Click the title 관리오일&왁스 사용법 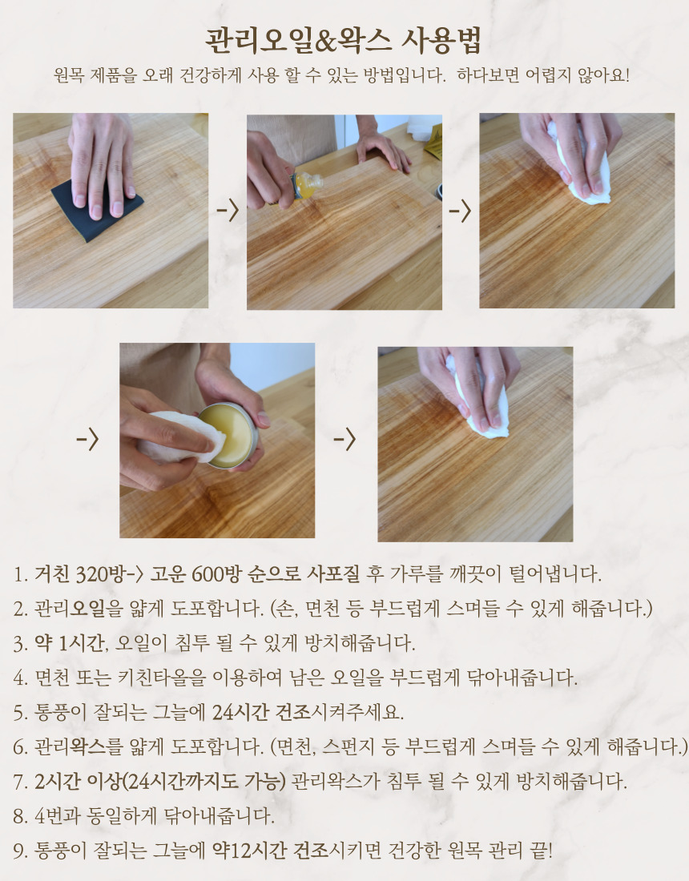pyautogui.click(x=344, y=41)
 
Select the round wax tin pyautogui.click(x=228, y=436)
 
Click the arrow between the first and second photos pyautogui.click(x=228, y=211)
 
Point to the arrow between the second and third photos pyautogui.click(x=460, y=211)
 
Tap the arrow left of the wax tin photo pyautogui.click(x=87, y=440)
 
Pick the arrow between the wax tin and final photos pyautogui.click(x=344, y=440)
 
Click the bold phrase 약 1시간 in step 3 pyautogui.click(x=71, y=643)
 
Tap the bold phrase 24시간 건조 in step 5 pyautogui.click(x=261, y=713)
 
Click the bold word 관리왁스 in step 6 pyautogui.click(x=87, y=746)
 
